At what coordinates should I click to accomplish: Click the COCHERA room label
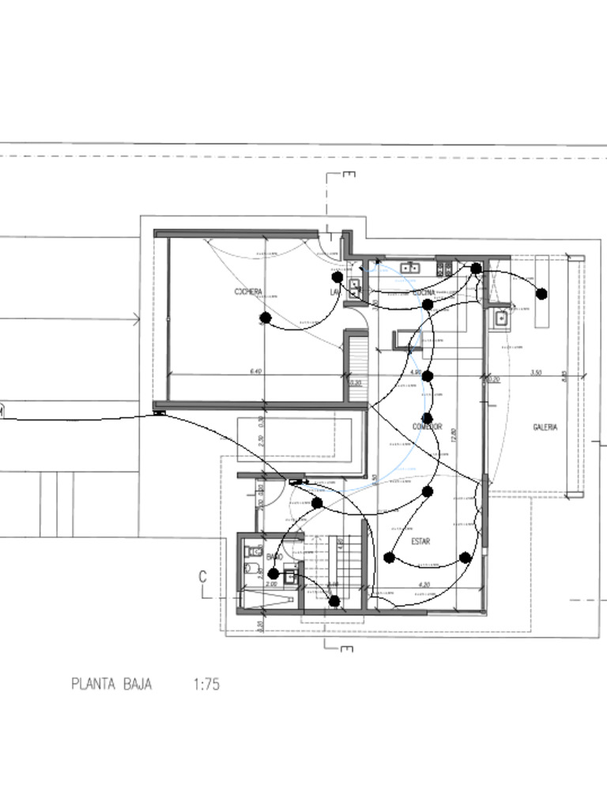[x=248, y=292]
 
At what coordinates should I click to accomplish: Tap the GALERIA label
[x=545, y=427]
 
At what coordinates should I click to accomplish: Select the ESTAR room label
[x=420, y=542]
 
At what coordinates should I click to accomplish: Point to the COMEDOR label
[x=427, y=427]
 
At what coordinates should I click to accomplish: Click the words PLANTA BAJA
[x=111, y=684]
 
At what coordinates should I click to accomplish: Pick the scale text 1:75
[x=205, y=684]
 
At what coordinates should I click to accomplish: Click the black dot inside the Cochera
[x=266, y=318]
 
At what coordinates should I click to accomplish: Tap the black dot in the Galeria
[x=541, y=294]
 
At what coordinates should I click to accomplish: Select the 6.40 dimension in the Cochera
[x=255, y=371]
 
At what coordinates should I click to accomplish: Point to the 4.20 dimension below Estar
[x=424, y=585]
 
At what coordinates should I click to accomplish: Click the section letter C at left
[x=203, y=578]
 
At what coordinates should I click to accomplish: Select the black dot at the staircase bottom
[x=334, y=601]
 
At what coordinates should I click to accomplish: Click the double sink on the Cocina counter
[x=409, y=269]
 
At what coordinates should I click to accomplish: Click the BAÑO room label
[x=274, y=557]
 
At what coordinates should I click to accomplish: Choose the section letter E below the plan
[x=346, y=649]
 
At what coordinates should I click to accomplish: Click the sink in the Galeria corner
[x=500, y=318]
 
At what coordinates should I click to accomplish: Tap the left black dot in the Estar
[x=389, y=558]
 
